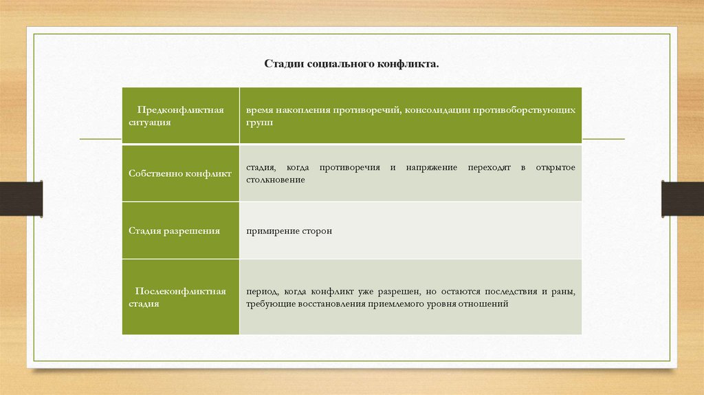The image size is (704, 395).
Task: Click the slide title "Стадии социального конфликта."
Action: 351,63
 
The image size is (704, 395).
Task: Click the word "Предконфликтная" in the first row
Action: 180,110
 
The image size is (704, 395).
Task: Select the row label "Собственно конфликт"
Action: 180,173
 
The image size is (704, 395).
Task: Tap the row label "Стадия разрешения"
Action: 174,231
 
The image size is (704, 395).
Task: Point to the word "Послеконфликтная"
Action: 181,291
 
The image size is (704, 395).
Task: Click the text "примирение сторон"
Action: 289,231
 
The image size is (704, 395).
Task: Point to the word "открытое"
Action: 558,167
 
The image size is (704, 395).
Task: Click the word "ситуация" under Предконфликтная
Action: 149,122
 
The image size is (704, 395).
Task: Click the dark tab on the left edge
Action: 21,198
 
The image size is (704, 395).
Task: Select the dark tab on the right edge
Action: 683,198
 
